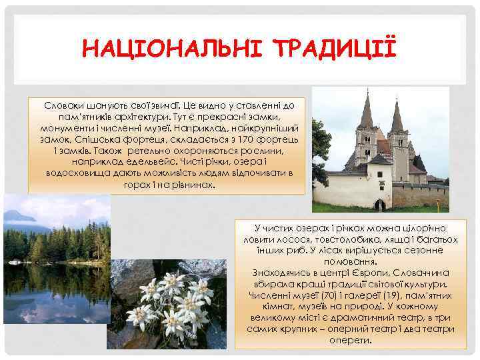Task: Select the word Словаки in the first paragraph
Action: pos(65,106)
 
